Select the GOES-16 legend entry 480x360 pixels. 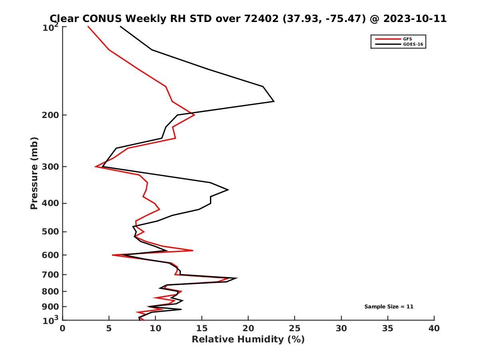tap(412, 44)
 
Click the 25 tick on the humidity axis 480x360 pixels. tap(295, 328)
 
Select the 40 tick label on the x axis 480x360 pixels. tap(434, 328)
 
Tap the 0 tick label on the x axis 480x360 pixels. tap(63, 328)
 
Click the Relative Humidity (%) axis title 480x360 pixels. tap(248, 340)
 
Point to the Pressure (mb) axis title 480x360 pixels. tap(34, 173)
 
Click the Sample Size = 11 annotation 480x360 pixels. tap(388, 307)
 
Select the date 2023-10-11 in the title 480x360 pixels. tap(415, 19)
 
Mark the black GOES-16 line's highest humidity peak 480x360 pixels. tap(274, 101)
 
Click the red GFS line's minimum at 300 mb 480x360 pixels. tap(96, 166)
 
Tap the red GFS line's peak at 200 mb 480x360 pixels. tap(194, 115)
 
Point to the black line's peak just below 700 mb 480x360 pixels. tap(237, 278)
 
